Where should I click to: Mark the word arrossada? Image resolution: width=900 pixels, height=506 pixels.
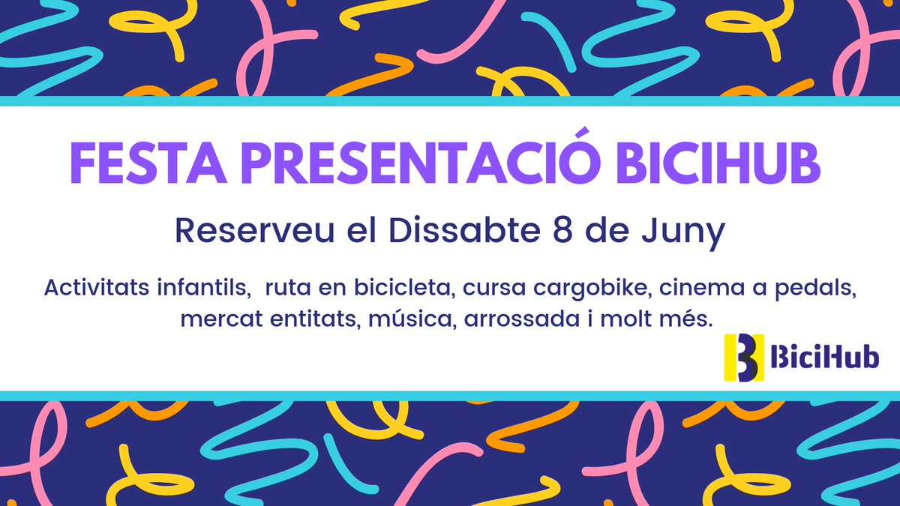click(x=525, y=320)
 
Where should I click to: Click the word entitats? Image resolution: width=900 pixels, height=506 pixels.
click(x=314, y=320)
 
